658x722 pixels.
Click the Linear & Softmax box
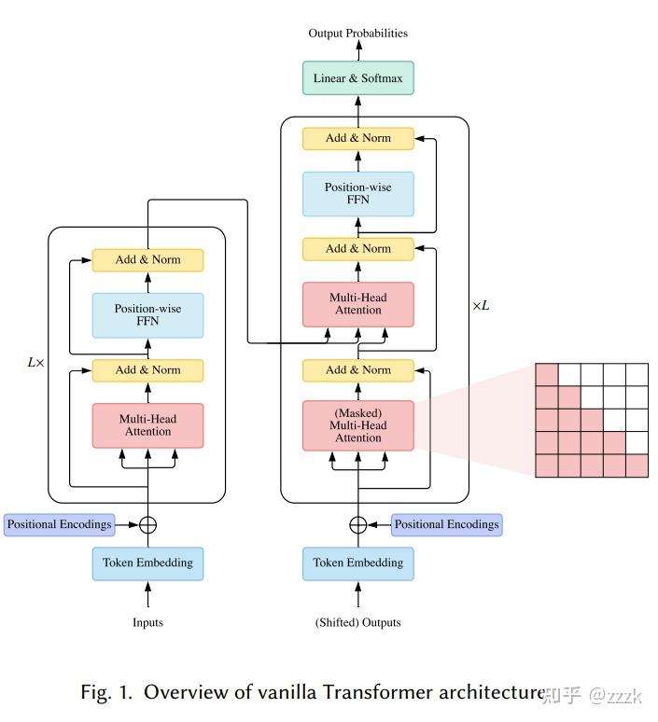tap(357, 78)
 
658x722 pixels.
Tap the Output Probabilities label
tap(357, 34)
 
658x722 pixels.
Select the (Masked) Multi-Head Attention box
tap(357, 425)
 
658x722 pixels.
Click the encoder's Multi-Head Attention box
tap(147, 425)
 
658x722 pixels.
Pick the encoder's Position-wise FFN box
tap(147, 314)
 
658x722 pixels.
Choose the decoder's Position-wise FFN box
tap(357, 193)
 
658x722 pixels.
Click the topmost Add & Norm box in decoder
tap(357, 138)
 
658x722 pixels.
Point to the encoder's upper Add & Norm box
tap(147, 259)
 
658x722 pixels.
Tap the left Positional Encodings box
tap(59, 524)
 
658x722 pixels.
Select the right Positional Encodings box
tap(446, 524)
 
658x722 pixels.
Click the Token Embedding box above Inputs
tap(147, 563)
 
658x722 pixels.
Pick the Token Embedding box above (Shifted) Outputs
tap(357, 563)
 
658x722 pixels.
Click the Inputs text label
tap(147, 622)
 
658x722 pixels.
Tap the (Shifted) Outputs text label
tap(357, 622)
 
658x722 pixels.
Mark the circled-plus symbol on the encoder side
tap(147, 524)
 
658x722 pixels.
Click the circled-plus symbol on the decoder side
tap(357, 524)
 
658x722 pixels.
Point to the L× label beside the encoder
tap(35, 361)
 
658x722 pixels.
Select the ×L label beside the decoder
tap(480, 305)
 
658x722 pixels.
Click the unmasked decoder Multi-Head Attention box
tap(357, 304)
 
